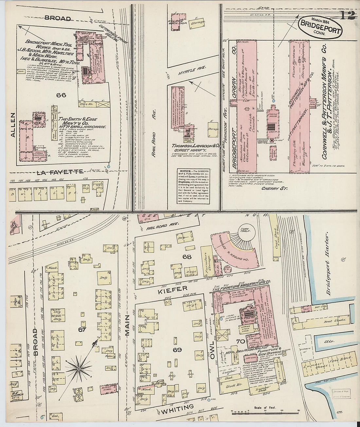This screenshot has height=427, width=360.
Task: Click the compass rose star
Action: coord(79,369)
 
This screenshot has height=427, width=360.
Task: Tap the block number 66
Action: coord(61,95)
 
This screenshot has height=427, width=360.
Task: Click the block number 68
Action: coord(187,257)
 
